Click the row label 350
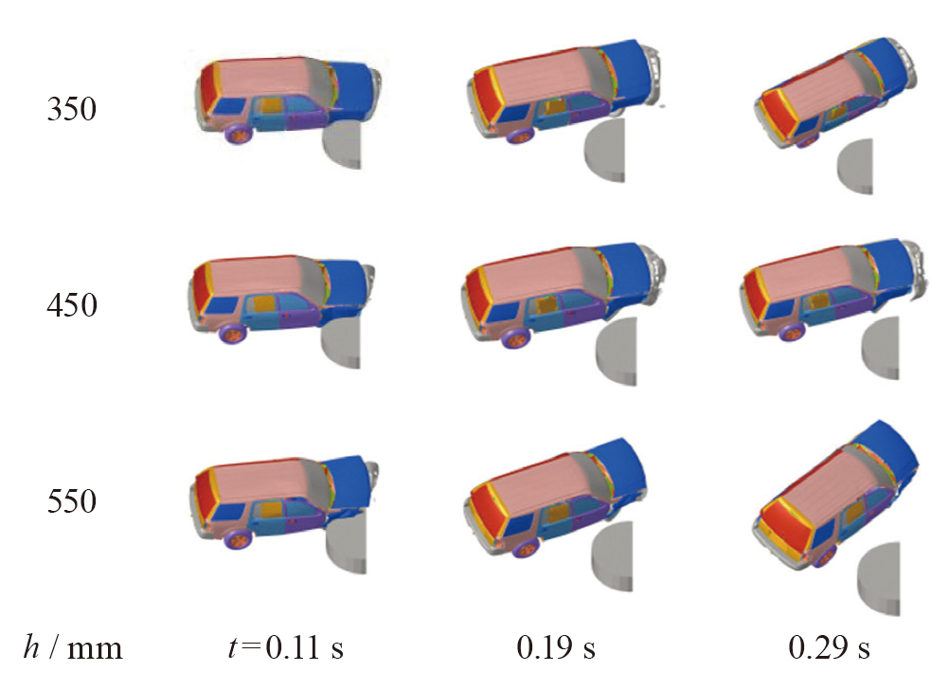[71, 109]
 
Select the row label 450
[71, 304]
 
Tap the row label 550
[71, 501]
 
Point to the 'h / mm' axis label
[73, 647]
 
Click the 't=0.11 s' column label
[286, 647]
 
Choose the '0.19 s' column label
[556, 647]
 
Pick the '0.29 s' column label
[829, 647]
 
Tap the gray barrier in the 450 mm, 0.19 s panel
[618, 352]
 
